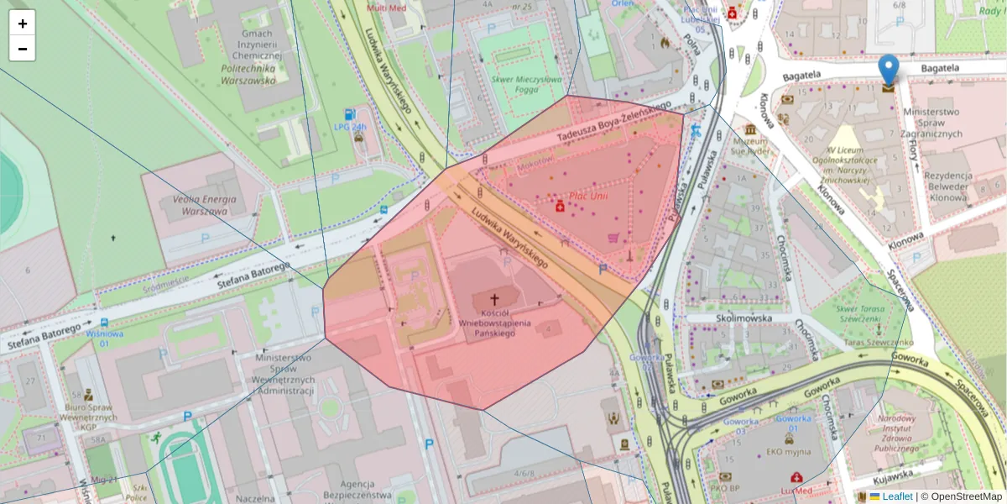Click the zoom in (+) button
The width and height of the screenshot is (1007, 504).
(x=23, y=24)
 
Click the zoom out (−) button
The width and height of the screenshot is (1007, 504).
(x=23, y=49)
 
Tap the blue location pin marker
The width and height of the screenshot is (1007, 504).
(x=888, y=70)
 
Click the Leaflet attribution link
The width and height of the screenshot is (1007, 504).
(x=897, y=496)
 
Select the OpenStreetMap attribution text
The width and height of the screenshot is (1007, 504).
(x=966, y=496)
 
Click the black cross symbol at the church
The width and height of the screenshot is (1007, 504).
(x=494, y=299)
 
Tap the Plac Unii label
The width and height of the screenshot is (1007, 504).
(x=587, y=196)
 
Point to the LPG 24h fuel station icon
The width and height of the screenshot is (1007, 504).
(x=349, y=114)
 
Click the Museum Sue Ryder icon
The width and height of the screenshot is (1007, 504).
(x=749, y=130)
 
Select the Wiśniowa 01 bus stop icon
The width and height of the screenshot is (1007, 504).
(x=103, y=323)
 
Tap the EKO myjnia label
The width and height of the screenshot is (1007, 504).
(x=787, y=451)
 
